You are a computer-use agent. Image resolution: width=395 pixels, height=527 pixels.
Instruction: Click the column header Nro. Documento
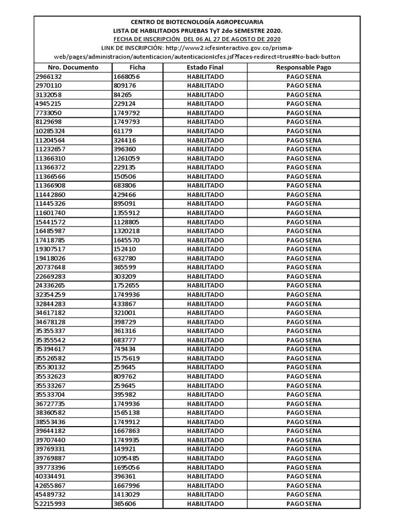point(73,67)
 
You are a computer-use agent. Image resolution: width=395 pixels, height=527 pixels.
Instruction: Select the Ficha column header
point(137,67)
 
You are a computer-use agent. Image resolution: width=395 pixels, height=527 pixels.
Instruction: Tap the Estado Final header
point(205,67)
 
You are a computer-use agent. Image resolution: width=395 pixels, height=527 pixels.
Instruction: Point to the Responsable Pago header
point(303,67)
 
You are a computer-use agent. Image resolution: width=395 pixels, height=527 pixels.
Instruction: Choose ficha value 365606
point(125,504)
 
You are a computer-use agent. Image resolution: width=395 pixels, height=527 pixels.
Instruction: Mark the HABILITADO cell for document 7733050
point(205,113)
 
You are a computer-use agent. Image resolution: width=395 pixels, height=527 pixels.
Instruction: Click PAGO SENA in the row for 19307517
point(303,249)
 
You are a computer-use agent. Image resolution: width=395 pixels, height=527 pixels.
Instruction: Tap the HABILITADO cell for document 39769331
point(205,449)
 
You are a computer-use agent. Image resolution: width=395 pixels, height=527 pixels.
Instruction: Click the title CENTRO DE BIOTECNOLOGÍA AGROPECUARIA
point(197,22)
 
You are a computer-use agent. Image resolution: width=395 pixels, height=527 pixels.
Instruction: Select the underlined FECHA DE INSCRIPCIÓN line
point(197,39)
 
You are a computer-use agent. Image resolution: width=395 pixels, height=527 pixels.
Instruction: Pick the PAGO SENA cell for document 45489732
point(303,495)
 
